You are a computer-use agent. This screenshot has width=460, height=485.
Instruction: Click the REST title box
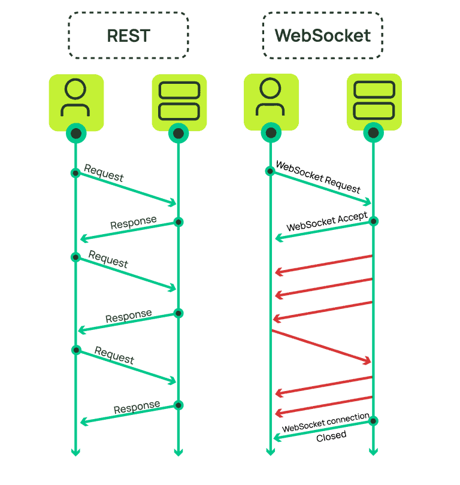[128, 35]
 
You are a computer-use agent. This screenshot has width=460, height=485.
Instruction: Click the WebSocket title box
[322, 35]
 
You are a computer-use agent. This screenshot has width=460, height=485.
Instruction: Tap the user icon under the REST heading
[76, 101]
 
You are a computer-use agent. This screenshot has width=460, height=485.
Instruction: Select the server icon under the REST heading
[178, 101]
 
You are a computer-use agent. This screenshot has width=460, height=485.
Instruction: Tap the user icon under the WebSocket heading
[271, 101]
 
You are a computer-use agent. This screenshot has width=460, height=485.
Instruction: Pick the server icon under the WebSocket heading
[374, 101]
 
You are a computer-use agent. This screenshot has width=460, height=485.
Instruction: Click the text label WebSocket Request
[318, 177]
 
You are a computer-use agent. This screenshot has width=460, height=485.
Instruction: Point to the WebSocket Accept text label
[326, 222]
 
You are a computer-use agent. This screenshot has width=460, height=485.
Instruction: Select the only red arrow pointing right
[322, 346]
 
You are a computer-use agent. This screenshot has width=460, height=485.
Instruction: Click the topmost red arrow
[323, 264]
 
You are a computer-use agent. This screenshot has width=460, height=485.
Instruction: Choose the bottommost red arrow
[323, 404]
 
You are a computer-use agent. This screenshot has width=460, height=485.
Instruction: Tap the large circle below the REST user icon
[76, 134]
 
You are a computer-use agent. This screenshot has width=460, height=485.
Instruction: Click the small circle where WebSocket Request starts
[270, 171]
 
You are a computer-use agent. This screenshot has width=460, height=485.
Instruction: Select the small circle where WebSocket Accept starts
[373, 222]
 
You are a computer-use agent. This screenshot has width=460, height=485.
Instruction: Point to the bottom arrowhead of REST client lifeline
[76, 451]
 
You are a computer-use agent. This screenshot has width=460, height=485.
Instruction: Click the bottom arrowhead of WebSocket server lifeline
[374, 451]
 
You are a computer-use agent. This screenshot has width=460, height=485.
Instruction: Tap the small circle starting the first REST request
[75, 173]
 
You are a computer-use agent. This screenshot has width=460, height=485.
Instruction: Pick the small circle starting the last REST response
[178, 405]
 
